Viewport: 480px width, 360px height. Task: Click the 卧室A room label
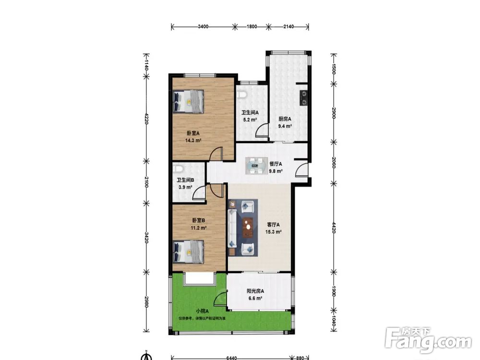(x=193, y=133)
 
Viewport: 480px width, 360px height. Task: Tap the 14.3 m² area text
(x=193, y=141)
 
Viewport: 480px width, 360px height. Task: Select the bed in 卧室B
(x=188, y=252)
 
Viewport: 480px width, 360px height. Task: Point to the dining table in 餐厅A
(x=256, y=166)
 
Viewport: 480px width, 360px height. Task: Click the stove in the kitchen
(x=304, y=97)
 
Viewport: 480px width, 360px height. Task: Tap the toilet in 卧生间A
(x=242, y=94)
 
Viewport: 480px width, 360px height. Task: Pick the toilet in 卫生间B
(x=178, y=168)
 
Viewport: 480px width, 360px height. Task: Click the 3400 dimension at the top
(x=203, y=26)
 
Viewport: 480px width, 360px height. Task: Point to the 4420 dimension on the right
(x=334, y=228)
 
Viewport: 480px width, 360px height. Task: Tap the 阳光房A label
(x=255, y=291)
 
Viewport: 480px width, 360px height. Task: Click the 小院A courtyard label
(x=203, y=311)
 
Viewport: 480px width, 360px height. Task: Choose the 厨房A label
(x=285, y=119)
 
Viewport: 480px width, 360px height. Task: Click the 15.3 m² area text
(x=274, y=232)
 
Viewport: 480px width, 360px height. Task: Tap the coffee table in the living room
(x=248, y=228)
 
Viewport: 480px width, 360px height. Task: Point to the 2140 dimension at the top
(x=288, y=26)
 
